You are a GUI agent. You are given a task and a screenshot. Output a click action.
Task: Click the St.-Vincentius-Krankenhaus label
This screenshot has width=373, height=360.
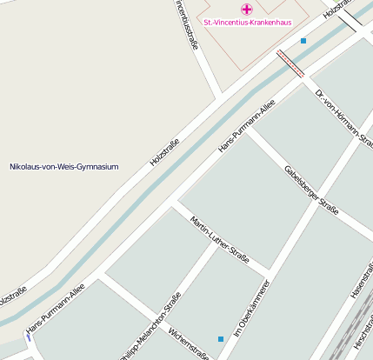click(x=247, y=22)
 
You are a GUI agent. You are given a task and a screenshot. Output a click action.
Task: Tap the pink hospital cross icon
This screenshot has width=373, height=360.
click(x=247, y=9)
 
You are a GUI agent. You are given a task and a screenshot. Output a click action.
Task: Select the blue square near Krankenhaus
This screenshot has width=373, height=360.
click(x=303, y=41)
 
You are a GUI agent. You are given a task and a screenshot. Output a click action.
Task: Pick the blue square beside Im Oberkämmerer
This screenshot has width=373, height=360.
click(x=221, y=338)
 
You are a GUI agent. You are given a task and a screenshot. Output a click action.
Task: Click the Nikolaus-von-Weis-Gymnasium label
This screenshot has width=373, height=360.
click(x=63, y=166)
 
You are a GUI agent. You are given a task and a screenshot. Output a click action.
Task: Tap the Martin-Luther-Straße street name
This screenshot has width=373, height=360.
click(x=219, y=237)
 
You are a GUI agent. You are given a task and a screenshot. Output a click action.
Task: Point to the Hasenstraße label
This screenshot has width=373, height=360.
click(x=363, y=280)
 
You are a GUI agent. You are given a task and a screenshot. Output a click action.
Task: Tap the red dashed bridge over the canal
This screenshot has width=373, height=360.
click(x=290, y=63)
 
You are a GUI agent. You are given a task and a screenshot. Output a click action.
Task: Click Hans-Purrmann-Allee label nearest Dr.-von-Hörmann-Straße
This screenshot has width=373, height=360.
click(x=247, y=126)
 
